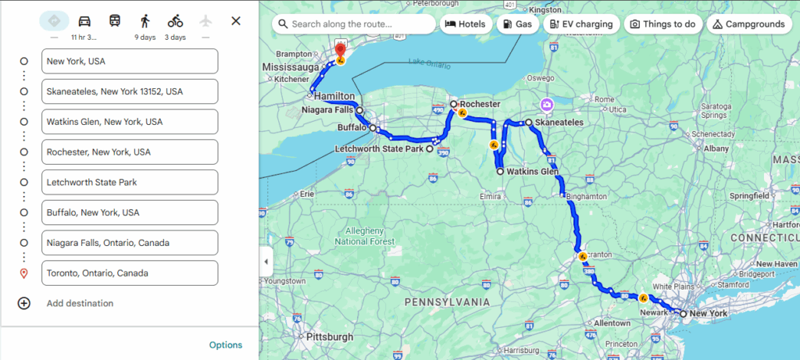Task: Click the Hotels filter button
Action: [x=466, y=24]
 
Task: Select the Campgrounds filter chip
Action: [x=748, y=24]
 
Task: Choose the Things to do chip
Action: [x=662, y=24]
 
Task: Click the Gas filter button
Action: [x=517, y=24]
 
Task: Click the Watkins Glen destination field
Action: [x=130, y=122]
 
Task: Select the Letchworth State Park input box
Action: [x=130, y=182]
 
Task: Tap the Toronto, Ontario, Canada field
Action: [x=130, y=273]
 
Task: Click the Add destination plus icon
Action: [x=24, y=303]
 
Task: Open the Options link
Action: [x=226, y=345]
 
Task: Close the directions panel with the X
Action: [x=236, y=21]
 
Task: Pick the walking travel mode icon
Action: [x=145, y=21]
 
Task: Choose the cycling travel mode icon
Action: [x=175, y=21]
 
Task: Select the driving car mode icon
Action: [x=84, y=21]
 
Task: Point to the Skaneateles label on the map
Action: [x=559, y=123]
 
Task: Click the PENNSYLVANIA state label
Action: [x=448, y=301]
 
